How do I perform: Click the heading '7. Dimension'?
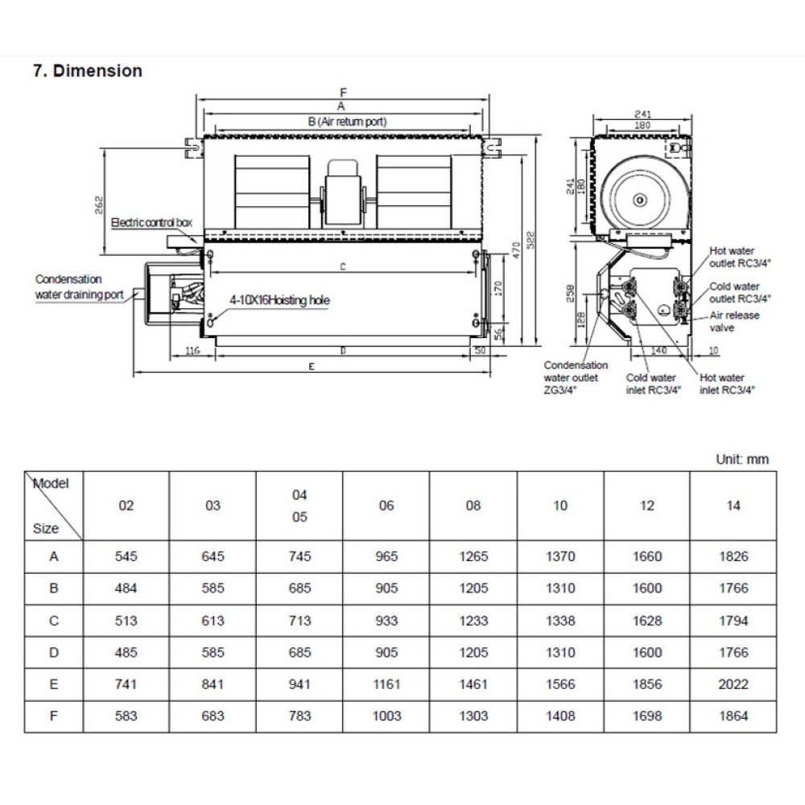tap(87, 71)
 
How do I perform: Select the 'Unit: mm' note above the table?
tap(741, 460)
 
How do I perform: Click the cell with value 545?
tap(126, 556)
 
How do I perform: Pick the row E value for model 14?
tap(733, 684)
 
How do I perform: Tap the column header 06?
tap(386, 506)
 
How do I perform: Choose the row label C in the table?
tap(54, 621)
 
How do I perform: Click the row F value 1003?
tap(386, 716)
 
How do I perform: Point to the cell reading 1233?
tap(473, 621)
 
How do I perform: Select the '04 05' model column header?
tap(299, 506)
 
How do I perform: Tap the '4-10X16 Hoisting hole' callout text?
tap(279, 299)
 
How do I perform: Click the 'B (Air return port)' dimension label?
tap(347, 122)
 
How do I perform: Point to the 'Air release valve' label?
tap(734, 321)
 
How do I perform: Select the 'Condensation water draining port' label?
tap(79, 287)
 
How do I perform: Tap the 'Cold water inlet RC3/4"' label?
tap(653, 383)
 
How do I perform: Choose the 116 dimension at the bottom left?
tap(192, 351)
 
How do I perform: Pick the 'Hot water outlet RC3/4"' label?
tap(734, 257)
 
